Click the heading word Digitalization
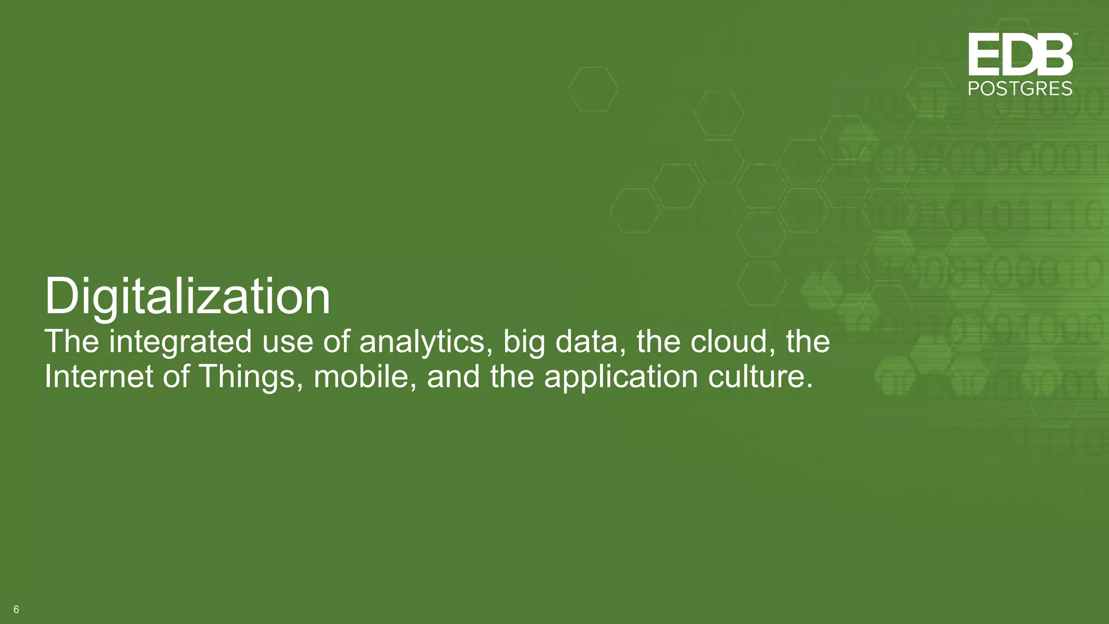pos(187,297)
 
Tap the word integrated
pos(180,342)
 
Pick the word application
pos(621,377)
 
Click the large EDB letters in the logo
pos(1020,54)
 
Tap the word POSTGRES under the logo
pos(1020,89)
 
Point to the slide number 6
pos(16,609)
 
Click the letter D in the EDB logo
pos(1020,54)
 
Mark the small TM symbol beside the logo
pos(1075,34)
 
